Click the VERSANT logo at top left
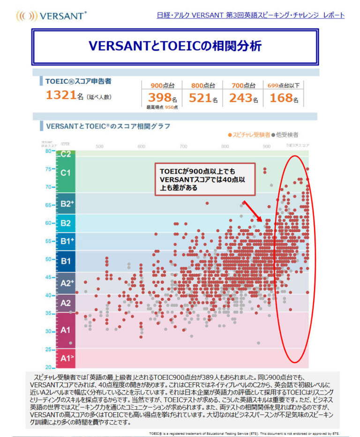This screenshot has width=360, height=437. pos(51,15)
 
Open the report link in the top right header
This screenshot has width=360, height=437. pos(251,15)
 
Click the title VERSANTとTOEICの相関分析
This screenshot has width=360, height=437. pos(175,46)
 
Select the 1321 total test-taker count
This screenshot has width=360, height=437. pos(61,95)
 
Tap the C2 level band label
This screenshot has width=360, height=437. pos(65,154)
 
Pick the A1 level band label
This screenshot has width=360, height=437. pos(65,330)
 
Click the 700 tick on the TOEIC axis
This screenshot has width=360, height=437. pos(183,146)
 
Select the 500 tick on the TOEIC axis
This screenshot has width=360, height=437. pos(99,146)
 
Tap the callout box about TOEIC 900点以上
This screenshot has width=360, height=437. pos(205,179)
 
